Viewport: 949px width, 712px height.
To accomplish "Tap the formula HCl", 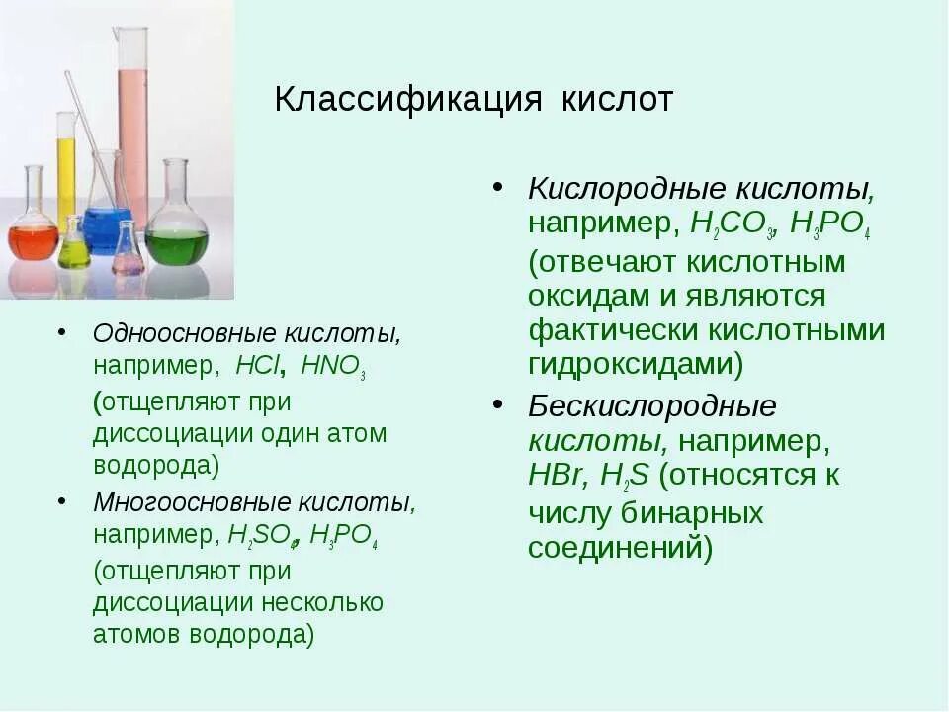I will click(257, 366).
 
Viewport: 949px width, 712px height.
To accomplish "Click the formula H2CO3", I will click(732, 225).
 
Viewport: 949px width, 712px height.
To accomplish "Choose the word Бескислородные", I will click(651, 406).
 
